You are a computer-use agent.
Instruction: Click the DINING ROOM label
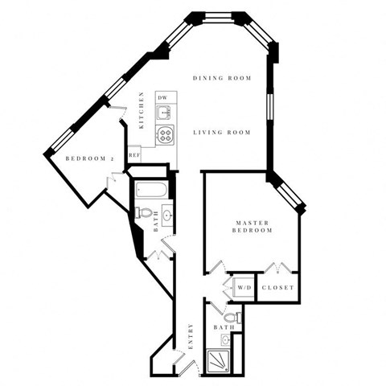coord(222,78)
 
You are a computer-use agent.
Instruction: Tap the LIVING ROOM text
coord(221,133)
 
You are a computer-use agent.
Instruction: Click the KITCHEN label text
coord(142,111)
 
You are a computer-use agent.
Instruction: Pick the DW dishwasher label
coord(162,97)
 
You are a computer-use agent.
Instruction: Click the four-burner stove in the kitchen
coord(164,134)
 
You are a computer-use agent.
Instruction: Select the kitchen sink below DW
coord(163,114)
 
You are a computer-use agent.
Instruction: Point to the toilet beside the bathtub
coord(142,212)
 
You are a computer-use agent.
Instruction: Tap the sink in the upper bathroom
coord(166,214)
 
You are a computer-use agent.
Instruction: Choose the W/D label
coord(243,288)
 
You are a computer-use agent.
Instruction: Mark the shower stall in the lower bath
coord(220,362)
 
